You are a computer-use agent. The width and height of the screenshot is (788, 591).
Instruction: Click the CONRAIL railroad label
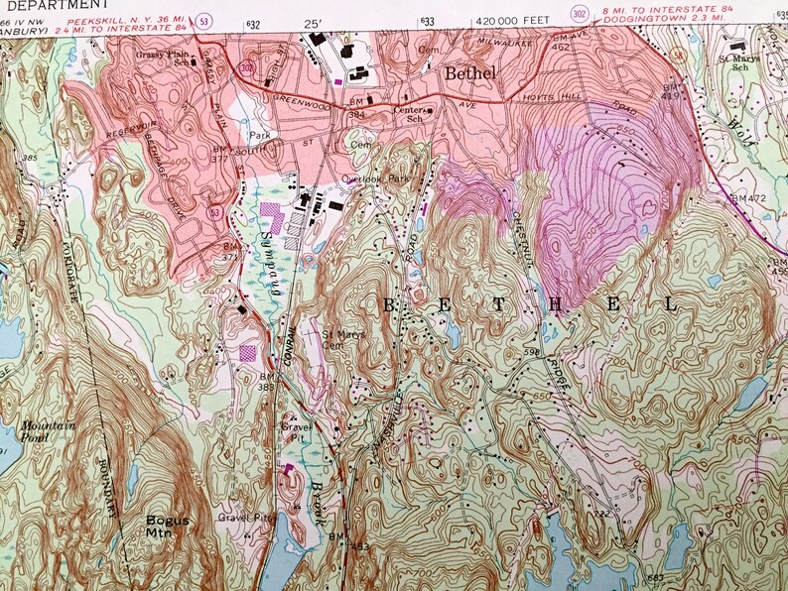point(290,343)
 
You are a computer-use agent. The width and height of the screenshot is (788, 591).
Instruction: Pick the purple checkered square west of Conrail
point(248,351)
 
